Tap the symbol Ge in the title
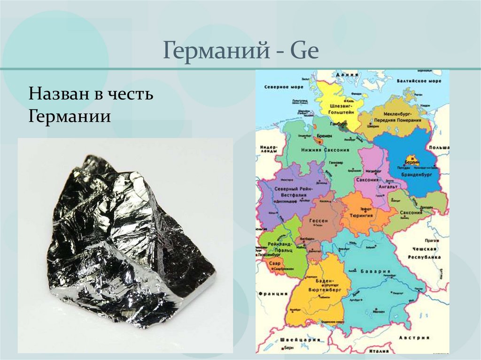tap(304, 51)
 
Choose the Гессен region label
tap(318, 220)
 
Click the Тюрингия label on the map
tap(361, 215)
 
